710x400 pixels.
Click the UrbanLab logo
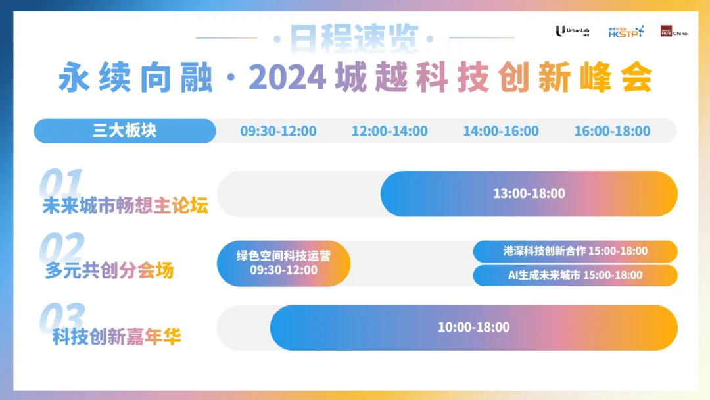pos(573,31)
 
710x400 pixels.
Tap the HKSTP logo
pos(627,32)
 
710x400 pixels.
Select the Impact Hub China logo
pos(674,32)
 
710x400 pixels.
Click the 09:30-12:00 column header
pos(278,131)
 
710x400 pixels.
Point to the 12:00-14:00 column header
pos(389,131)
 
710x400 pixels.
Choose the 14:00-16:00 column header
pos(501,131)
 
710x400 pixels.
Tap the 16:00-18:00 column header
pos(612,131)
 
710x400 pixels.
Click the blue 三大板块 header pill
pos(125,131)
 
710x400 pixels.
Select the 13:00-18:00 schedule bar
pos(529,193)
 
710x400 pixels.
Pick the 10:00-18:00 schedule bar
pos(473,328)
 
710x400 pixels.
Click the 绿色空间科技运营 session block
pos(283,263)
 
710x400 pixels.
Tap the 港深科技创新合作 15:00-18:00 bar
pos(575,251)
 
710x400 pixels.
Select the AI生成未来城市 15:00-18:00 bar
pos(575,275)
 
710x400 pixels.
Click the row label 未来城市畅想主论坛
pos(125,206)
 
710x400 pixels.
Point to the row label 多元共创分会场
pos(109,270)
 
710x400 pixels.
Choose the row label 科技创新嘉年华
pos(116,337)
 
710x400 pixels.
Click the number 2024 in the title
pos(287,78)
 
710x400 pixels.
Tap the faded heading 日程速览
pos(354,39)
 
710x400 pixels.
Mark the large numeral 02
pos(62,247)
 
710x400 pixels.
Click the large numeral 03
pos(62,317)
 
